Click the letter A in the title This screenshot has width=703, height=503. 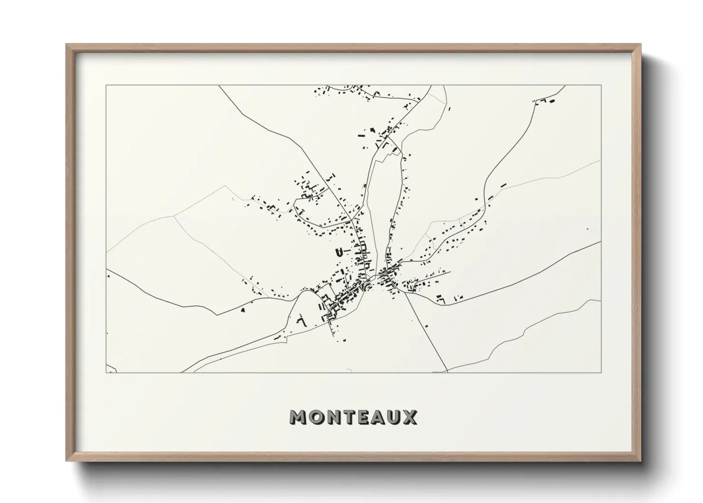click(x=381, y=417)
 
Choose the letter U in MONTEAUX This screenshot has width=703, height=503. click(x=396, y=417)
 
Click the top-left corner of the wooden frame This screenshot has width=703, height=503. click(x=66, y=44)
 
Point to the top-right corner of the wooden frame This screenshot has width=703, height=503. click(x=641, y=44)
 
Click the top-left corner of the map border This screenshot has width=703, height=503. click(x=106, y=86)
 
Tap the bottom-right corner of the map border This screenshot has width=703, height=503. click(x=601, y=372)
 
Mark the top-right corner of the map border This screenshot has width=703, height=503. click(x=601, y=86)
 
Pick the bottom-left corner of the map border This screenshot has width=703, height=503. click(x=106, y=372)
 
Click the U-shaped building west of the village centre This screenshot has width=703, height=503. click(x=340, y=251)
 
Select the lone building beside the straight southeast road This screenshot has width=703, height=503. click(x=427, y=326)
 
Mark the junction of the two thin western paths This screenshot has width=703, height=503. click(x=174, y=215)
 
